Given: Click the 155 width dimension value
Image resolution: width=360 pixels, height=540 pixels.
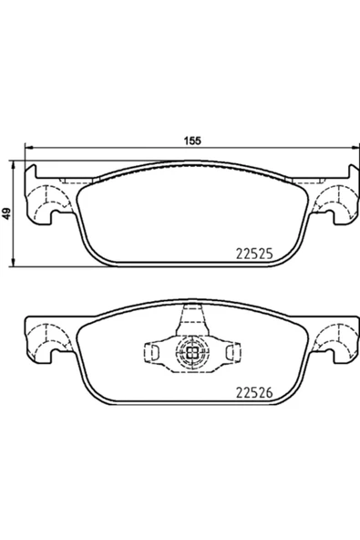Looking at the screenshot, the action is point(192,140).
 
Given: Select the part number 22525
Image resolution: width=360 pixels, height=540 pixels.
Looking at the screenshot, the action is point(254,254).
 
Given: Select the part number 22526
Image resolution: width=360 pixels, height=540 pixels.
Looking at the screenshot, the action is point(254,392).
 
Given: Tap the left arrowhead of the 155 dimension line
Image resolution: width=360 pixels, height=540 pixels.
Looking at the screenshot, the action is point(28,148).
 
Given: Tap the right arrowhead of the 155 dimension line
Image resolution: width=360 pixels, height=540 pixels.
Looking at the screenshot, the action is point(355,148).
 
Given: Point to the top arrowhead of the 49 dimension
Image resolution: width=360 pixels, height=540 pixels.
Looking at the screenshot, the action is point(13,164).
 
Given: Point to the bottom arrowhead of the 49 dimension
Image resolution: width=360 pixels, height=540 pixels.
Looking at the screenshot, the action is point(13,263).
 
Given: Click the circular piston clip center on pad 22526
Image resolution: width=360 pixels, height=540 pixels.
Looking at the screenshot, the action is point(192,351).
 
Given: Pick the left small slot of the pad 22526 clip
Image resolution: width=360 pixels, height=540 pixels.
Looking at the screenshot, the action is point(154,351).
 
